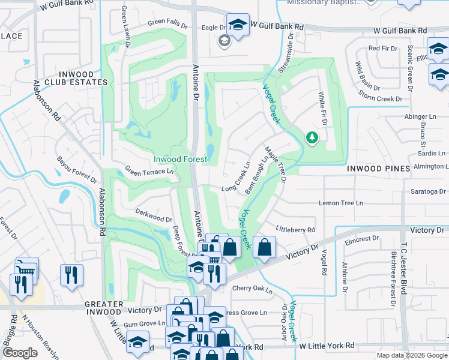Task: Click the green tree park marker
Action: (x=312, y=139)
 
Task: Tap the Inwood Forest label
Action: (x=180, y=159)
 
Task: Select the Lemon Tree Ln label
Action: (x=341, y=203)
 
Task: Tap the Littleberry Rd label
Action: (x=295, y=230)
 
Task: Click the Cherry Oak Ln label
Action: (x=252, y=290)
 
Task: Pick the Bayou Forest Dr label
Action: (x=77, y=169)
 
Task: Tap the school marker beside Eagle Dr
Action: (x=238, y=26)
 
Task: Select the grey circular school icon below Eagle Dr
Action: (x=224, y=41)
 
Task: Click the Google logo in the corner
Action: (x=20, y=353)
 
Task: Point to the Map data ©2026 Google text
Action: (x=411, y=355)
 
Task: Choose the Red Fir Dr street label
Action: (x=382, y=48)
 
